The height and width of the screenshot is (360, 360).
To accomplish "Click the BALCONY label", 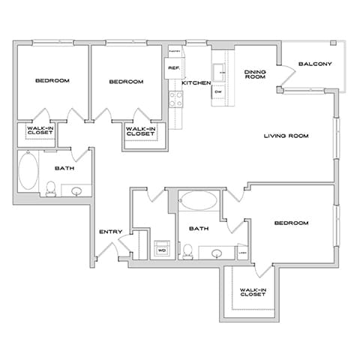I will [x=314, y=64].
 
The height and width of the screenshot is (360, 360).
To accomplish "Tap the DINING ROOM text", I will [x=256, y=74].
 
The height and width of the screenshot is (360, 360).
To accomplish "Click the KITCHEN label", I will [x=196, y=82].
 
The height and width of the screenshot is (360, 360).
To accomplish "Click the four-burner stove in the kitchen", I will [x=176, y=97].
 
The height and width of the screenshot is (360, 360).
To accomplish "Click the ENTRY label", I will [x=111, y=231].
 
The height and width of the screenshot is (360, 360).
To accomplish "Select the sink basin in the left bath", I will [x=76, y=190].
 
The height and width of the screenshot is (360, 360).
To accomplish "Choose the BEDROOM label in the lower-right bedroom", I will [x=291, y=223].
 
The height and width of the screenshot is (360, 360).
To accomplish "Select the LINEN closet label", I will [x=243, y=252].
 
